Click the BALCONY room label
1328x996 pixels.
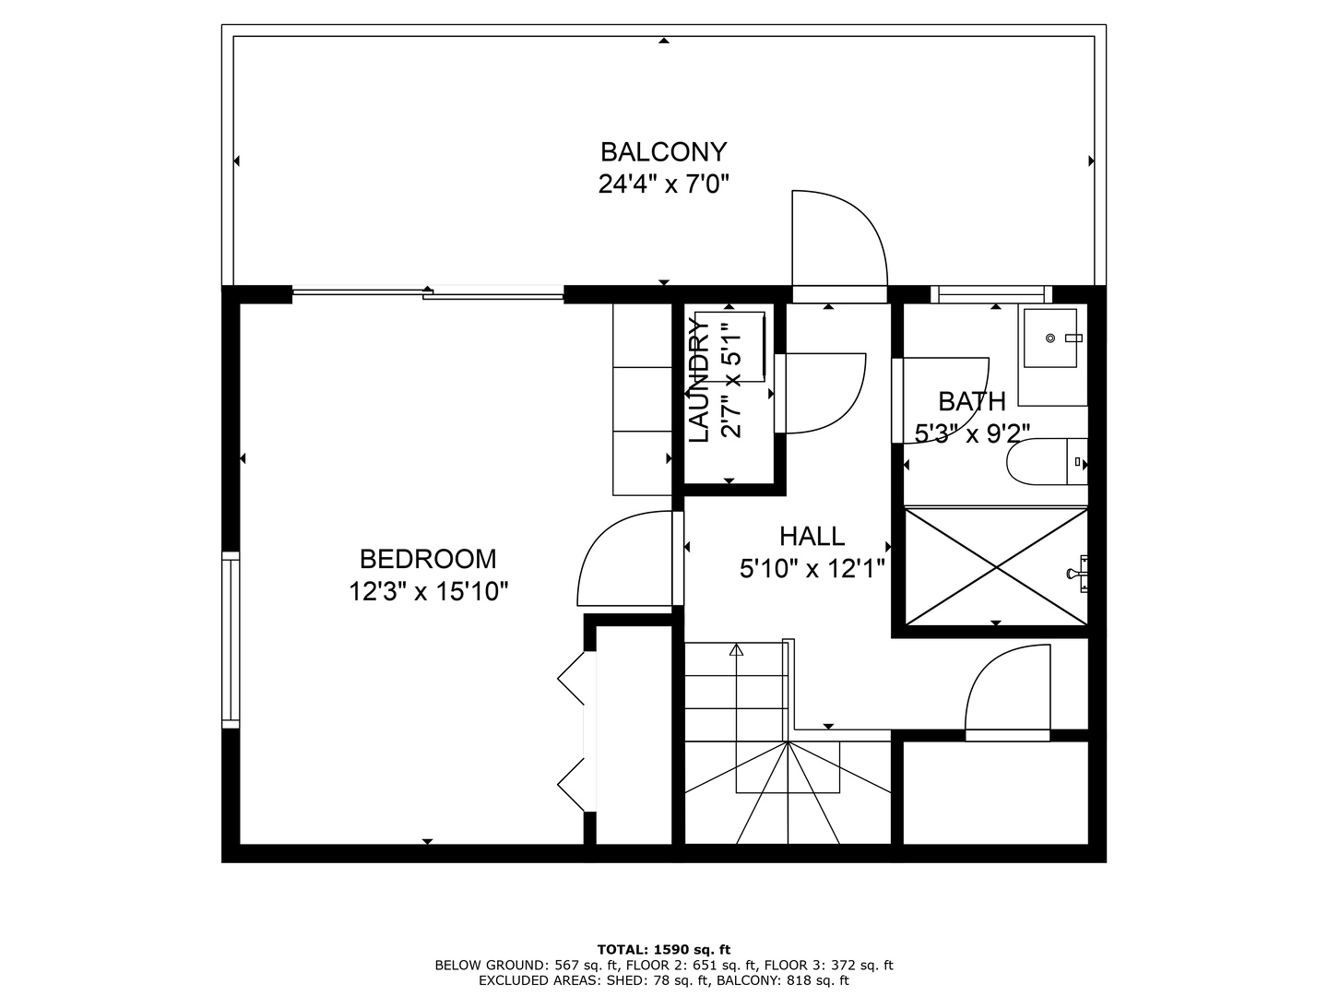coord(663,151)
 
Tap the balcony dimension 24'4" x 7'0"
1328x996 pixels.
coord(663,184)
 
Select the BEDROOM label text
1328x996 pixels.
coord(428,559)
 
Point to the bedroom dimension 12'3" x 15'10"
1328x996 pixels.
coord(428,591)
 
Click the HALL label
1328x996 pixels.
coord(812,536)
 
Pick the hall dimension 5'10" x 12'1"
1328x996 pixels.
coord(812,569)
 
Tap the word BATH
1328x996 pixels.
coord(971,401)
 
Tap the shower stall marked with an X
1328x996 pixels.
coord(996,565)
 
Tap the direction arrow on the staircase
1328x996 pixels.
coord(736,650)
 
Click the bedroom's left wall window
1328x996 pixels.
coord(230,639)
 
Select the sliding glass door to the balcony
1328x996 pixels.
coord(428,293)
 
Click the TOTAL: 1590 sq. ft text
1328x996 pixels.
coord(663,949)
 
